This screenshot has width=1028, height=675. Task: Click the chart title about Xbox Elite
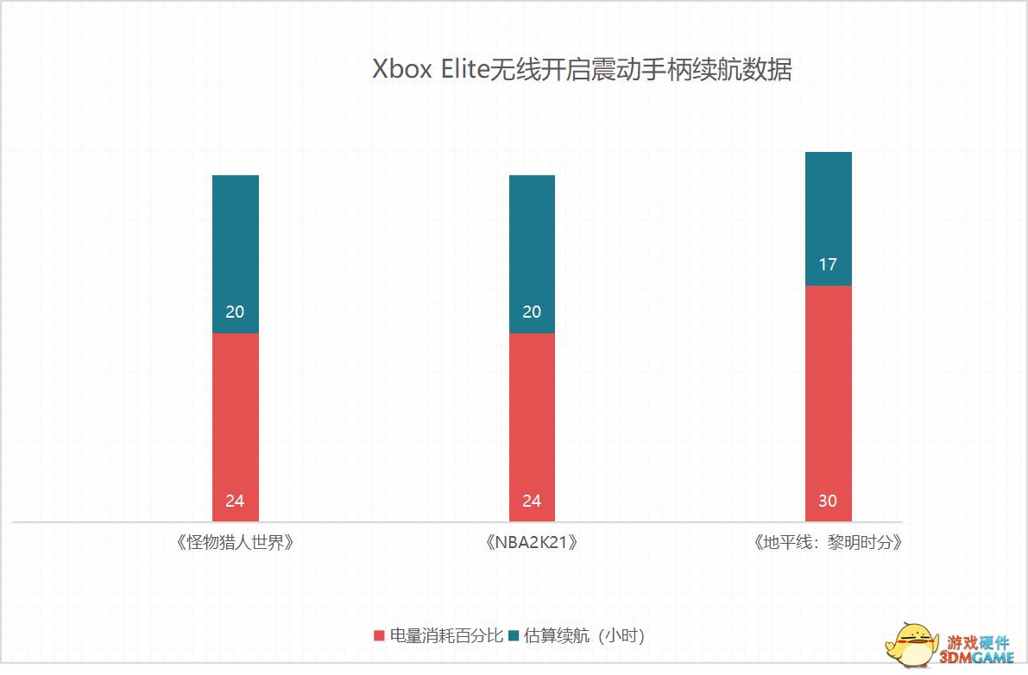tap(581, 70)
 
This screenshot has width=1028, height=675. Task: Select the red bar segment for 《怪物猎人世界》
tap(235, 414)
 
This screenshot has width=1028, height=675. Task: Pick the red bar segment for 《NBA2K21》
tap(532, 414)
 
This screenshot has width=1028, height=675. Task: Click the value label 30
tap(828, 501)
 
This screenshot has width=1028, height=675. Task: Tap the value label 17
tap(828, 264)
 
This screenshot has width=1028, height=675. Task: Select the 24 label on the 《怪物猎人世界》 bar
tap(235, 501)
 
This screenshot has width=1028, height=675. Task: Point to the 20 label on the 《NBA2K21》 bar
tap(532, 312)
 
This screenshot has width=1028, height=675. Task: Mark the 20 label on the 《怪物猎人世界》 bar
tap(235, 312)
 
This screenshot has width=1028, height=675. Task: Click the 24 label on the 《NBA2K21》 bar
tap(532, 501)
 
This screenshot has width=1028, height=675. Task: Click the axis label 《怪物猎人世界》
tap(235, 543)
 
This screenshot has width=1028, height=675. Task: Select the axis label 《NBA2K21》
tap(531, 543)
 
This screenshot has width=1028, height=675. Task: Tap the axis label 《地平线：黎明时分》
tap(828, 543)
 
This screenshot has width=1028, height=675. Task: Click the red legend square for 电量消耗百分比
tap(379, 636)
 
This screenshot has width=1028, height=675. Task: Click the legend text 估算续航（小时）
tap(584, 636)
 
